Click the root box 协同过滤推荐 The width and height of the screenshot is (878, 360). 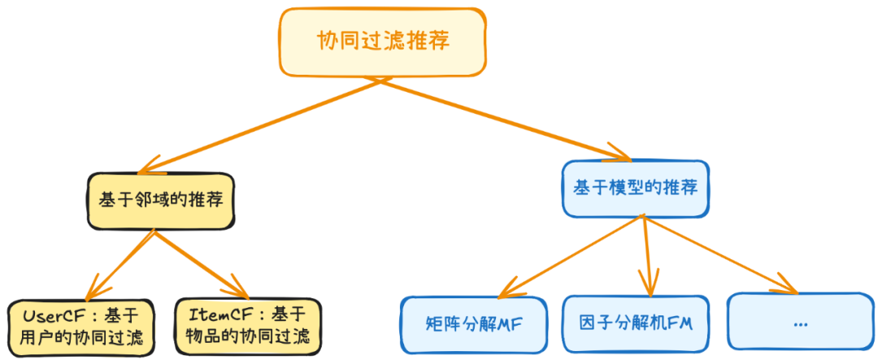click(x=382, y=42)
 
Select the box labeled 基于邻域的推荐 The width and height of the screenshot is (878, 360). click(x=161, y=201)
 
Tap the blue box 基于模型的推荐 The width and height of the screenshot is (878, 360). click(x=636, y=189)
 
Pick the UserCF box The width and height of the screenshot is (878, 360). click(x=80, y=327)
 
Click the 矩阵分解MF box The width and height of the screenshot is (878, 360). click(x=473, y=325)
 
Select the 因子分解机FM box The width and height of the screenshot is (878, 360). click(x=636, y=323)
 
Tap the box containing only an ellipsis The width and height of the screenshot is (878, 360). click(x=800, y=321)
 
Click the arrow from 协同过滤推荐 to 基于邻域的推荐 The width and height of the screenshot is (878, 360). click(x=259, y=127)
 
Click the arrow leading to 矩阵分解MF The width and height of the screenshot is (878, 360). click(x=570, y=258)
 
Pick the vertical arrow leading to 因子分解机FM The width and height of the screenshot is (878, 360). click(x=647, y=257)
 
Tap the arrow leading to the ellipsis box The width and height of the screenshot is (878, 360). click(x=720, y=255)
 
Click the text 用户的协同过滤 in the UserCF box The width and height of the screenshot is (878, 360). click(x=80, y=338)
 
